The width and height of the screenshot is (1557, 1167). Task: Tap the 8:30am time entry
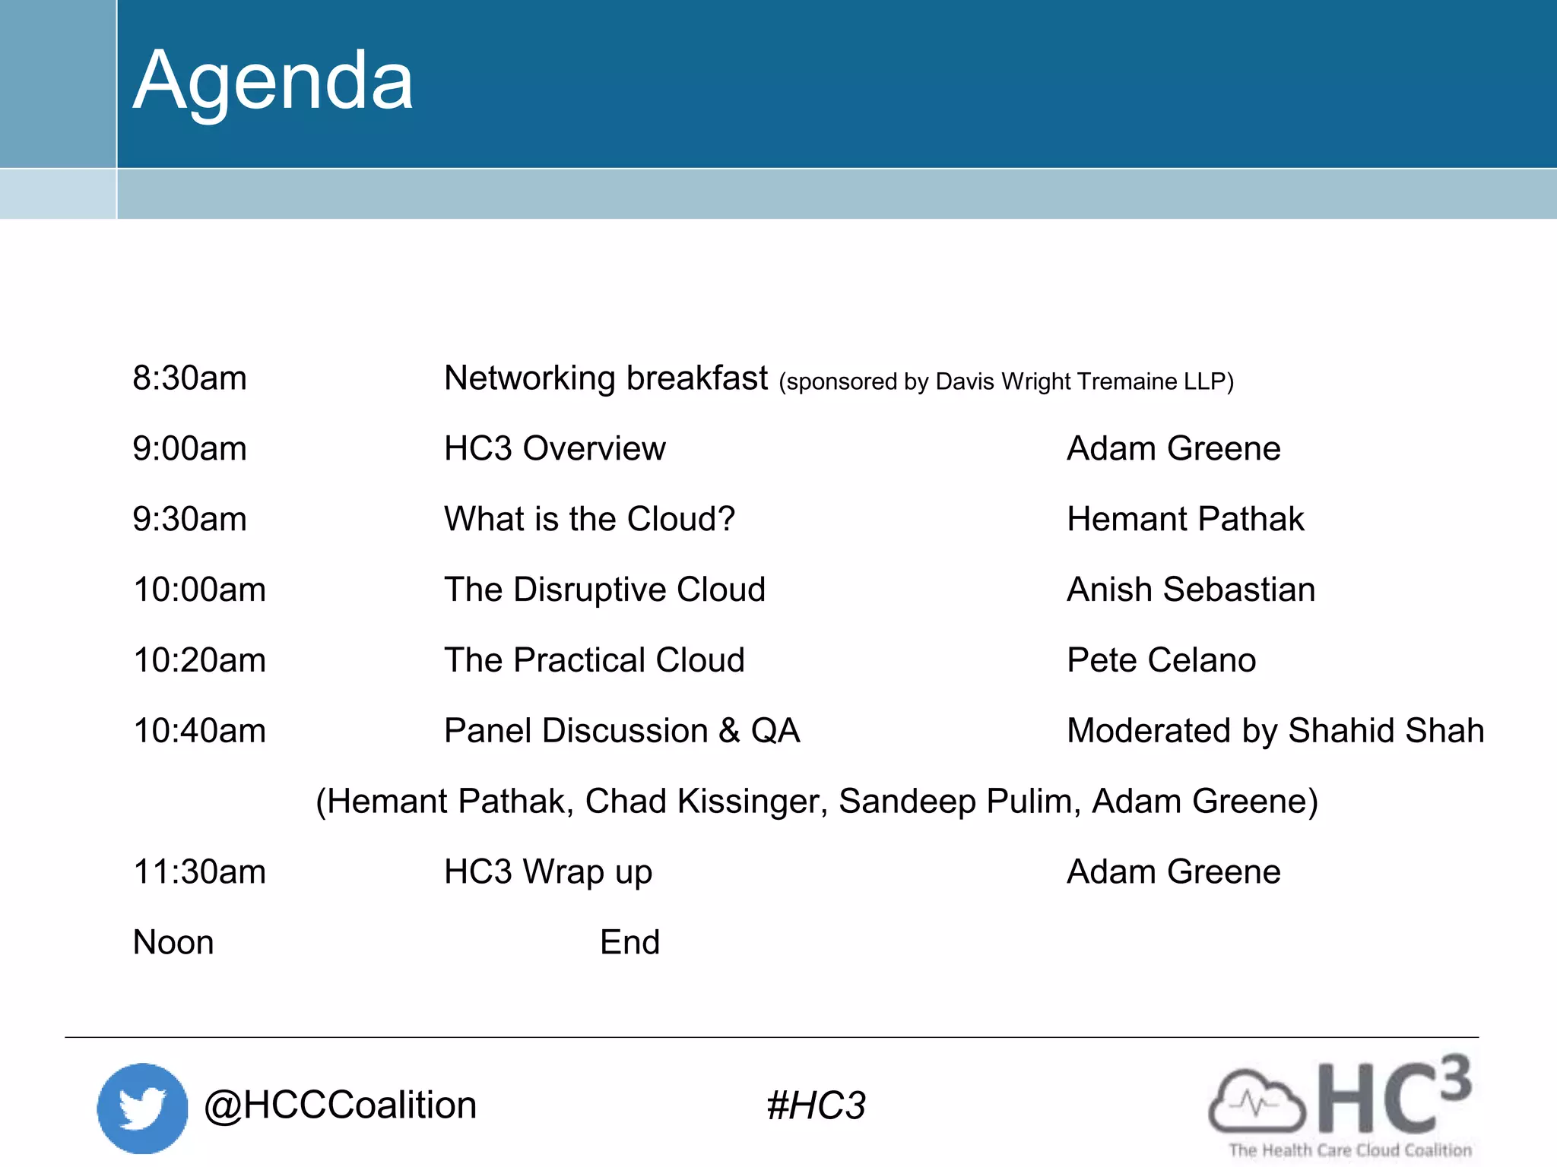[189, 378]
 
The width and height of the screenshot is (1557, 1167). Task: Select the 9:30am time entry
[189, 520]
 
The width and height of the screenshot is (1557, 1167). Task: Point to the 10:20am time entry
[199, 660]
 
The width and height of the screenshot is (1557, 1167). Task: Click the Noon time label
[173, 943]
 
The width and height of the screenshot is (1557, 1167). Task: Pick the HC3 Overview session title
[554, 449]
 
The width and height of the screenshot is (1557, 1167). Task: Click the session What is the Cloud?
[589, 520]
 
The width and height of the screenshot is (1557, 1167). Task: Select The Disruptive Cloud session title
[604, 590]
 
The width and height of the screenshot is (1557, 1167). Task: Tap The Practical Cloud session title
[594, 660]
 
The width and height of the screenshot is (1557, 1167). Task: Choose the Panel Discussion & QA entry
[622, 731]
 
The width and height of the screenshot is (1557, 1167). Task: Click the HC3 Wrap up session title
[547, 872]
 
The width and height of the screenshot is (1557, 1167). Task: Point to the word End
[629, 943]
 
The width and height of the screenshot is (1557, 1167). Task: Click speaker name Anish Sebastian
[1191, 590]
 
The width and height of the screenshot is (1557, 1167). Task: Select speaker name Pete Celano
[1161, 660]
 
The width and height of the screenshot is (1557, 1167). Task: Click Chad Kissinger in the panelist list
[706, 802]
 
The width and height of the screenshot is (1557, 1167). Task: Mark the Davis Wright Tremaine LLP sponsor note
[1006, 381]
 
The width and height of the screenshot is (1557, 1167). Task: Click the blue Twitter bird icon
[142, 1108]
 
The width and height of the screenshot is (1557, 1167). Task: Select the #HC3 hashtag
[816, 1106]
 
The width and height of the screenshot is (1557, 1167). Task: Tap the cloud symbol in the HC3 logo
[1256, 1102]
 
